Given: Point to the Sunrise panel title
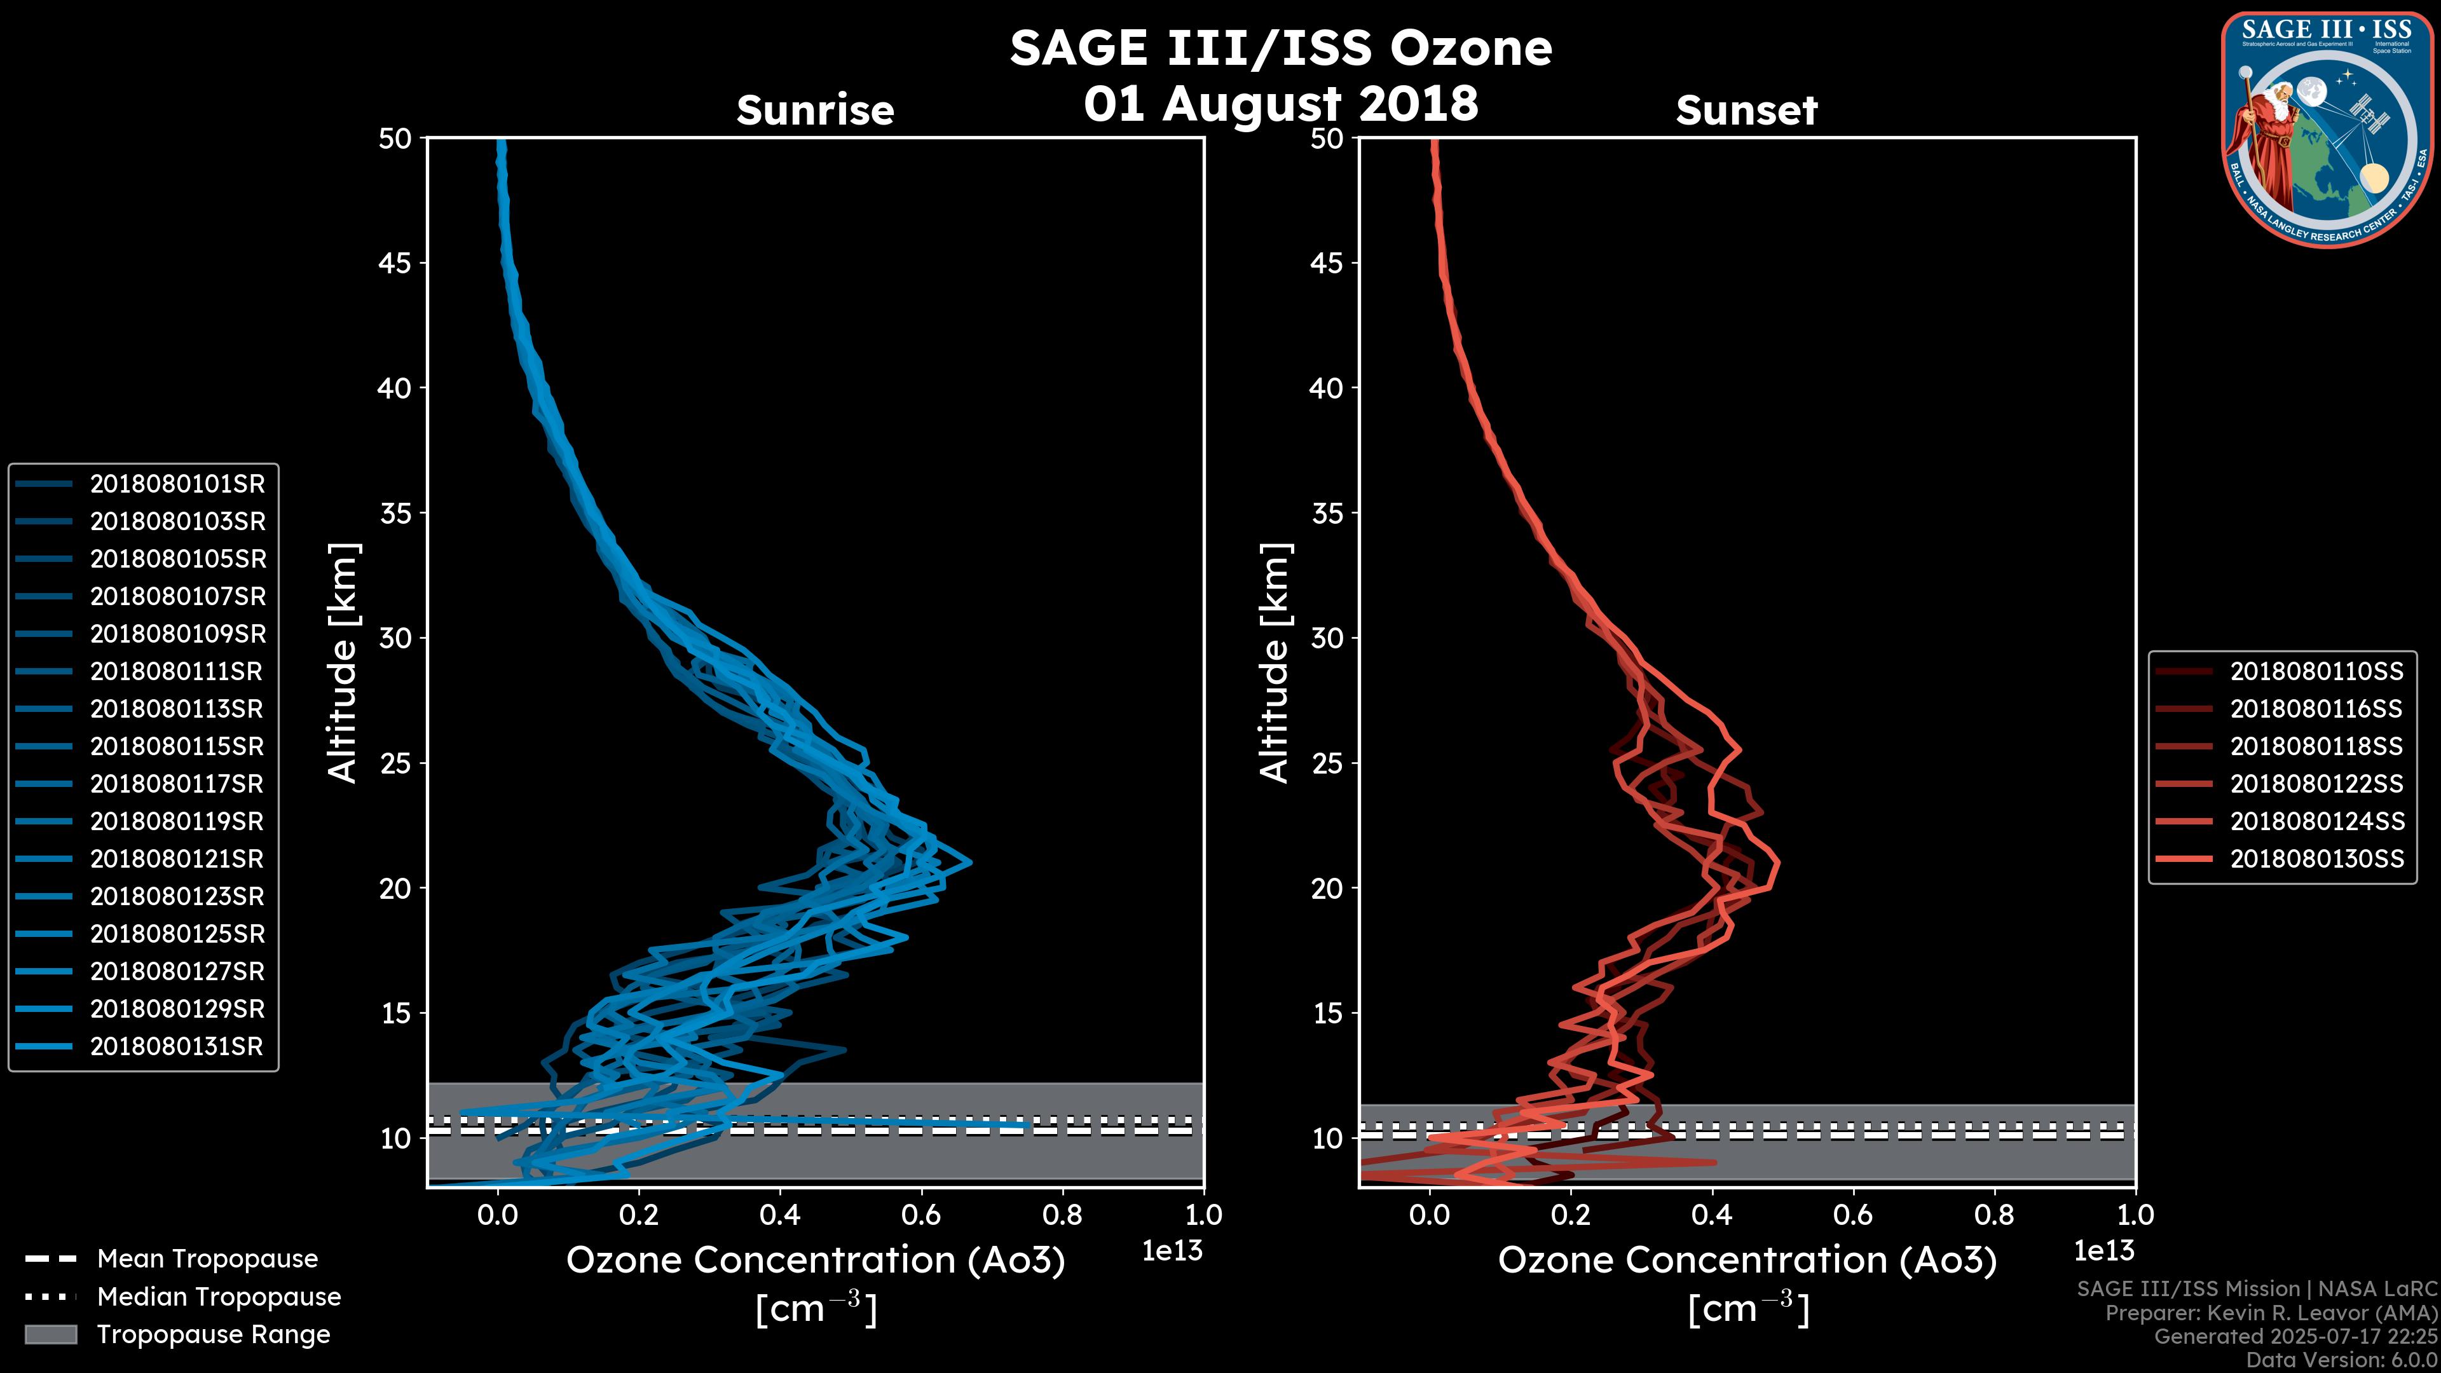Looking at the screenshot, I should coord(815,111).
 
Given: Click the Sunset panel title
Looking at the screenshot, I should coord(1746,111).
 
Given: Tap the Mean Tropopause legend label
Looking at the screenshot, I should coord(207,1259).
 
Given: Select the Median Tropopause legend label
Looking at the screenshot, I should coord(219,1297).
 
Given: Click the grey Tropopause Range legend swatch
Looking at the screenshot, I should coord(51,1335).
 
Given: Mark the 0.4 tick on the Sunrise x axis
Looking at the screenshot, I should coord(780,1215).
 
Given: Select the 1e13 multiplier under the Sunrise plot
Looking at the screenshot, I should coord(1172,1252).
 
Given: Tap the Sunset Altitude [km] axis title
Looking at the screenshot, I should coord(1275,662).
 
